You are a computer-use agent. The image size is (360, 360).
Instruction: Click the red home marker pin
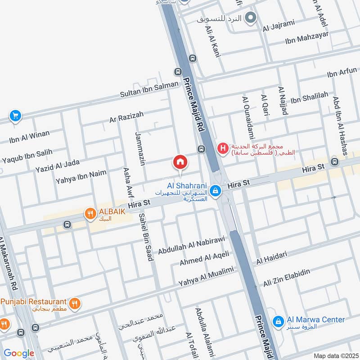(x=180, y=162)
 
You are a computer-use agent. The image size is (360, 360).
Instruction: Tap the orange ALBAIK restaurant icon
(x=90, y=214)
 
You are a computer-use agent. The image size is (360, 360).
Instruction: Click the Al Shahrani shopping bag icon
(x=216, y=191)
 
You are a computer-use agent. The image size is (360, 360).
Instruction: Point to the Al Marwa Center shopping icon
(x=279, y=320)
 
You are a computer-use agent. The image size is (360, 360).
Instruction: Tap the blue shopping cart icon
(x=15, y=116)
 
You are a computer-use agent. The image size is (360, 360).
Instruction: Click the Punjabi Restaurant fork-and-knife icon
(x=75, y=303)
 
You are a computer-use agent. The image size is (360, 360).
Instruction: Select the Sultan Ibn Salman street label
(x=149, y=90)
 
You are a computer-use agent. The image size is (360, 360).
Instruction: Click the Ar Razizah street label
(x=126, y=118)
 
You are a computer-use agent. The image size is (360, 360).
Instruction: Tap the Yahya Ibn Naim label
(x=81, y=176)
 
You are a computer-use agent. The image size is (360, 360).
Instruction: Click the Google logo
(x=19, y=353)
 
